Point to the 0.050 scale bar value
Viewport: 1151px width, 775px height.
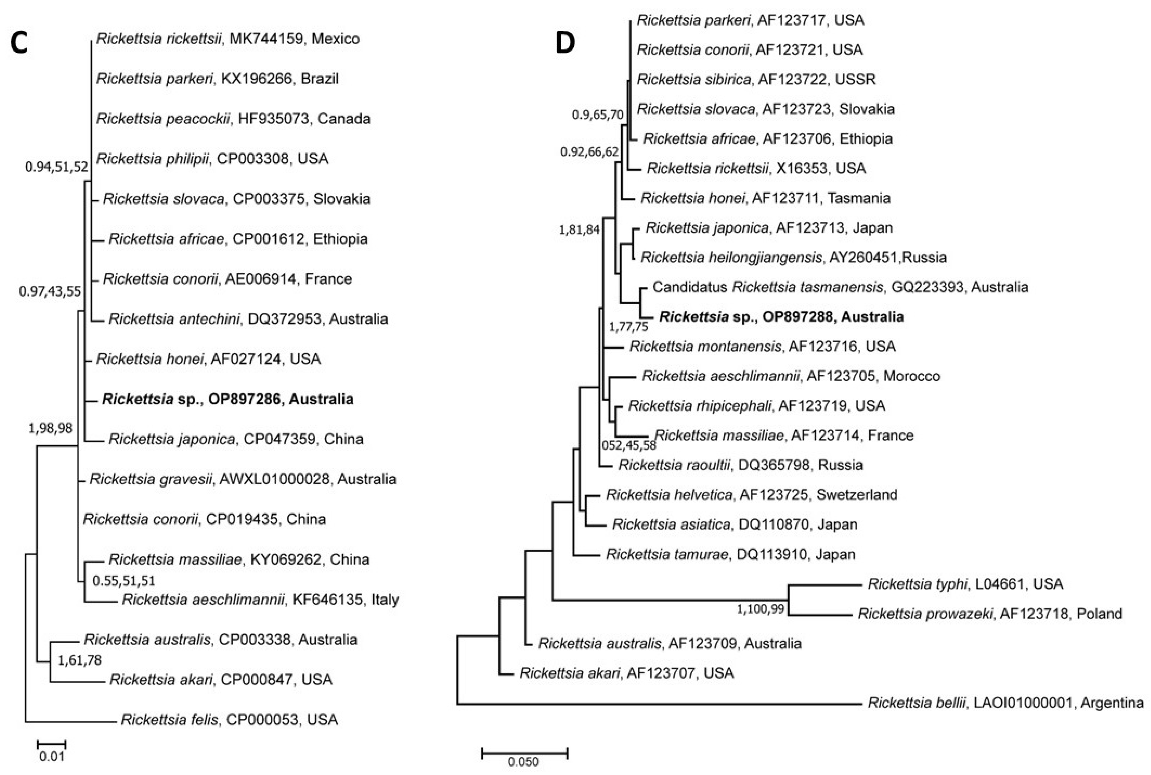point(523,762)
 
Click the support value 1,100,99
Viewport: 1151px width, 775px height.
point(760,609)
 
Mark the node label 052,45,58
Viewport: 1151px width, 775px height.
point(629,445)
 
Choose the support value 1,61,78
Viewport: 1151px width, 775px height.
point(80,660)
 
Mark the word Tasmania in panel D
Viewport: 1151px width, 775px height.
point(859,198)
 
